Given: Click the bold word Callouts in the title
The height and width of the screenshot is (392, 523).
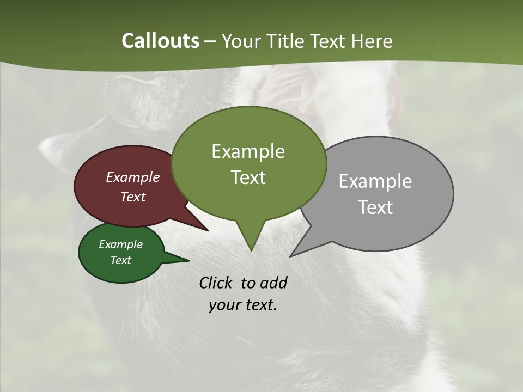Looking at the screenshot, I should coord(160,41).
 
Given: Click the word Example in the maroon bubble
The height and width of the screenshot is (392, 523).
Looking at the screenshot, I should coord(132,177).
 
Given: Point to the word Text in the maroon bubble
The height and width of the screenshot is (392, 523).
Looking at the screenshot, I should coord(132,197).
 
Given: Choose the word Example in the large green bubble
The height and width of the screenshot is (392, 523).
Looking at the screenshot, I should coord(248,151).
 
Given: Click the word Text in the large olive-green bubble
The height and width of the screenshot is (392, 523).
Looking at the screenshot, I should coord(248,177).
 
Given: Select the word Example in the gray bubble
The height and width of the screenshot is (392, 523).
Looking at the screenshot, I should coord(375,181).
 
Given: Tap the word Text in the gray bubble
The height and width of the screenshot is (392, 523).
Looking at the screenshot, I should coord(375,207).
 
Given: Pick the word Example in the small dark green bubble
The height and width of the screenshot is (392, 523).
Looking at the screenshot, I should coord(120,244).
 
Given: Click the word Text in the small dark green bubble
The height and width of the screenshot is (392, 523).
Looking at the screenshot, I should coord(120,260).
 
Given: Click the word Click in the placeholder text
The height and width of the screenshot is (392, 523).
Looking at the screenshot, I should coord(217,283).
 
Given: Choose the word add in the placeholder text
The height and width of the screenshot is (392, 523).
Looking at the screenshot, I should coord(273,283).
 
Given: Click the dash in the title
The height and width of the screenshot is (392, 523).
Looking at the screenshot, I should coord(211,41).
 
